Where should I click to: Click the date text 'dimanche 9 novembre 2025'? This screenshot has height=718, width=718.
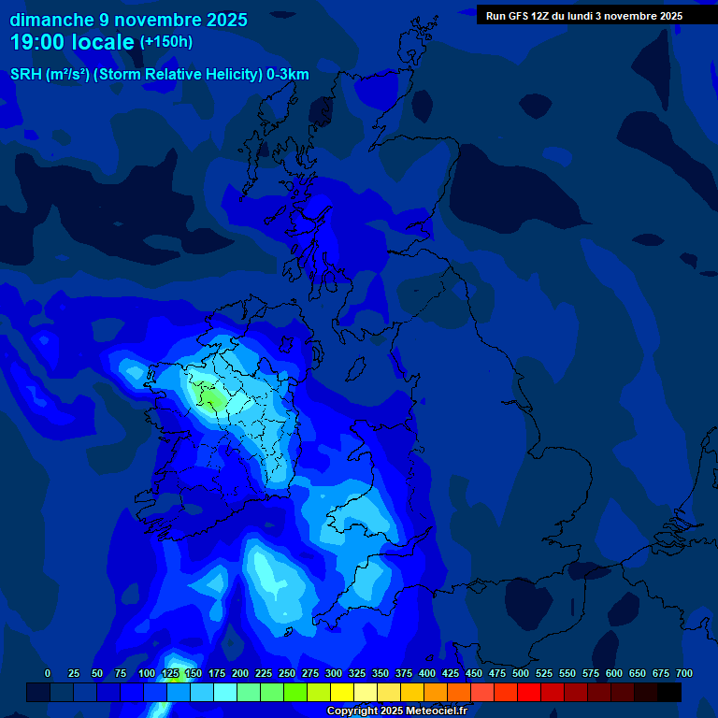(x=128, y=20)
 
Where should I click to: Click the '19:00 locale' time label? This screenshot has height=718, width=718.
(x=72, y=42)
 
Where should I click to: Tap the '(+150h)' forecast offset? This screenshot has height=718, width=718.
(x=165, y=42)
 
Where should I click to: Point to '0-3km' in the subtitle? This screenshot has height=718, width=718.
(x=288, y=75)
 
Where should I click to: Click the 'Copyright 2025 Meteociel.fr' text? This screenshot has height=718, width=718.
(x=396, y=711)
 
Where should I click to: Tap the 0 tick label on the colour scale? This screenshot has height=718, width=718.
(x=48, y=673)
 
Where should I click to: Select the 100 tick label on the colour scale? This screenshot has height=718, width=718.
(x=147, y=673)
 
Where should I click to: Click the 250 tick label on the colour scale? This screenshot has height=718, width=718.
(x=287, y=673)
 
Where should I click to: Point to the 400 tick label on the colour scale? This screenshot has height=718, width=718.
(x=427, y=673)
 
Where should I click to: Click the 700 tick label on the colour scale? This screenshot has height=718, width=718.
(x=684, y=673)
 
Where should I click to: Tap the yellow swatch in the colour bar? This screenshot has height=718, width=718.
(x=342, y=692)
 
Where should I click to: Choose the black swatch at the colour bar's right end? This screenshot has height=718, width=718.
(x=669, y=692)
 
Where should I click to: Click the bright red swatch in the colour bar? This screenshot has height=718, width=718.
(x=529, y=692)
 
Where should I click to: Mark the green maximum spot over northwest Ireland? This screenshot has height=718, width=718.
(x=213, y=400)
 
